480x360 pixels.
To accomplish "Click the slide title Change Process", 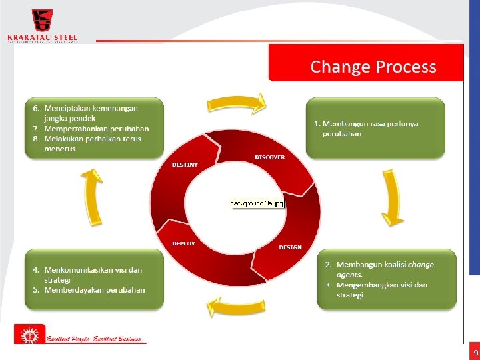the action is pyautogui.click(x=373, y=67).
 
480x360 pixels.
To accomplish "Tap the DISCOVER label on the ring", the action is pyautogui.click(x=269, y=157).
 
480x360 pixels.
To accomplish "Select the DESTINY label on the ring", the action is pyautogui.click(x=185, y=164).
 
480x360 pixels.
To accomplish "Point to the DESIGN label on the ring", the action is pyautogui.click(x=290, y=247).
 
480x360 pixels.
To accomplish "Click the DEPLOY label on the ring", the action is pyautogui.click(x=184, y=243).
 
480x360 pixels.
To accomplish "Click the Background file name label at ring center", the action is pyautogui.click(x=257, y=202).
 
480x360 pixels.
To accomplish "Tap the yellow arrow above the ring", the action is pyautogui.click(x=237, y=104).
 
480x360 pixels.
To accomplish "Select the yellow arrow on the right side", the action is pyautogui.click(x=392, y=198).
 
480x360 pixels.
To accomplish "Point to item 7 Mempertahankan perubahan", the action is pyautogui.click(x=96, y=129).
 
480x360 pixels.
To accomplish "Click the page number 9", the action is pyautogui.click(x=475, y=351).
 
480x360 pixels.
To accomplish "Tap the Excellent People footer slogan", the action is pyautogui.click(x=93, y=339).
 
